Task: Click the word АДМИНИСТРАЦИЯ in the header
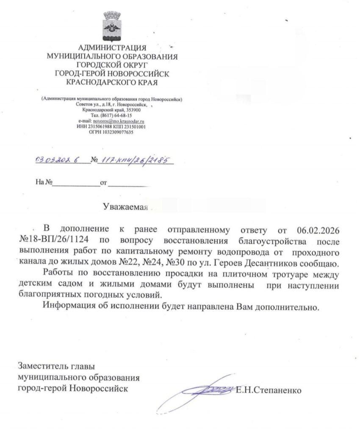click(x=112, y=47)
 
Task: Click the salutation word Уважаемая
click(x=125, y=207)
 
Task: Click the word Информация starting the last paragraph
click(x=69, y=306)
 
